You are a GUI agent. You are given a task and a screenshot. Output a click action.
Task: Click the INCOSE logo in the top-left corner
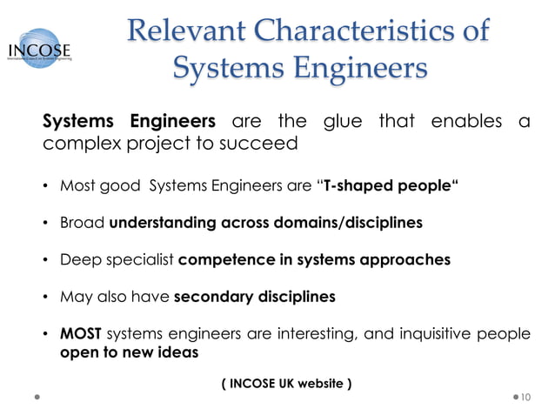(x=40, y=47)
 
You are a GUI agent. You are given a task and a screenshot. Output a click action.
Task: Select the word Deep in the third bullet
(x=79, y=259)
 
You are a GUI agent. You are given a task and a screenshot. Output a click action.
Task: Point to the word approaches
(x=400, y=259)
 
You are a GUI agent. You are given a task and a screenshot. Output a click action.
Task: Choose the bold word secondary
(x=214, y=297)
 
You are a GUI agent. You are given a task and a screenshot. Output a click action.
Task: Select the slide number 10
(x=525, y=398)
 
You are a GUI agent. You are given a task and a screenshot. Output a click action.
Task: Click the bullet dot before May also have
(x=45, y=298)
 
